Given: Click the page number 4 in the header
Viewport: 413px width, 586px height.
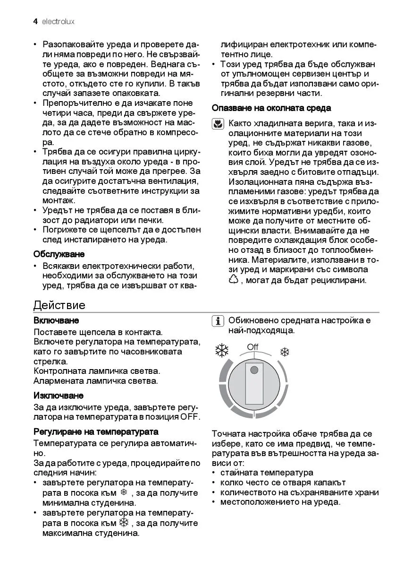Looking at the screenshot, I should click(35, 22).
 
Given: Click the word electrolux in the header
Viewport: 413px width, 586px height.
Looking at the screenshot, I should click(58, 22).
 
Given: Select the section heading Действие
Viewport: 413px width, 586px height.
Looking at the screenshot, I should click(59, 305).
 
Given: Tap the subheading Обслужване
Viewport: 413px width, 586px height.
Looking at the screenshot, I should click(59, 254).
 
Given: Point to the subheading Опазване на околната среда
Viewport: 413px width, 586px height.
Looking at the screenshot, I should click(271, 108).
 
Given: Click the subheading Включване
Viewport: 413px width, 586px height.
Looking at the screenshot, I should click(56, 320).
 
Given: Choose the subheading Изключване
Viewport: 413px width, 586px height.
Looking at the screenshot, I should click(59, 395).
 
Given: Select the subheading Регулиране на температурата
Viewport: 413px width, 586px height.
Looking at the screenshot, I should click(96, 431).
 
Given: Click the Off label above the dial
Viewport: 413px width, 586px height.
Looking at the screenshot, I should click(253, 347).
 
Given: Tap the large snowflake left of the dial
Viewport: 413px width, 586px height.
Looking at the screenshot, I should click(222, 350).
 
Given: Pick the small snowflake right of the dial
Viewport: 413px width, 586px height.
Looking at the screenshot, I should click(285, 352).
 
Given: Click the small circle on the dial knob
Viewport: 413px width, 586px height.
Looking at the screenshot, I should click(254, 370).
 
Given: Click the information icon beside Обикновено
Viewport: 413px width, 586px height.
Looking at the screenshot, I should click(218, 321).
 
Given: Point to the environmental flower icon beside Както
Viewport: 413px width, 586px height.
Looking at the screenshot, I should click(218, 124).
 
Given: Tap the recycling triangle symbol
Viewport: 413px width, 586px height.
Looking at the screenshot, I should click(234, 280).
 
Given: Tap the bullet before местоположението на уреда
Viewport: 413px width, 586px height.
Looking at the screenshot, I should click(215, 502).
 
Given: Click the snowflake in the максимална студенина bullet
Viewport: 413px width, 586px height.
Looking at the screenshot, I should click(124, 523).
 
